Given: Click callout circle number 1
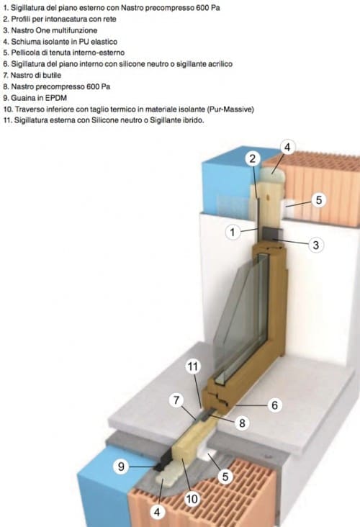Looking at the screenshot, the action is pos(233,232).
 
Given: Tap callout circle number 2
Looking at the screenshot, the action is pos(253,158).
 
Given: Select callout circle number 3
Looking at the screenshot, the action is pos(315,245).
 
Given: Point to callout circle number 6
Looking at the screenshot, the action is pos(274,405).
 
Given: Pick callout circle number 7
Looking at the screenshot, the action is pos(176,400).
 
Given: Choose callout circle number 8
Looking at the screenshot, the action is pos(242,423).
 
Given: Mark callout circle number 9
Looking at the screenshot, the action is pos(121,467).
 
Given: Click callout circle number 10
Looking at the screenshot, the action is pos(192,498).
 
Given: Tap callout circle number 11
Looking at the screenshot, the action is pos(193,366).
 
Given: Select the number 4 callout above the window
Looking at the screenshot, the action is pos(287,147).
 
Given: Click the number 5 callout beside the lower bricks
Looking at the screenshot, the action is pos(225,477).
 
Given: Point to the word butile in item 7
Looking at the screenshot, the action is pos(51,75).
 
